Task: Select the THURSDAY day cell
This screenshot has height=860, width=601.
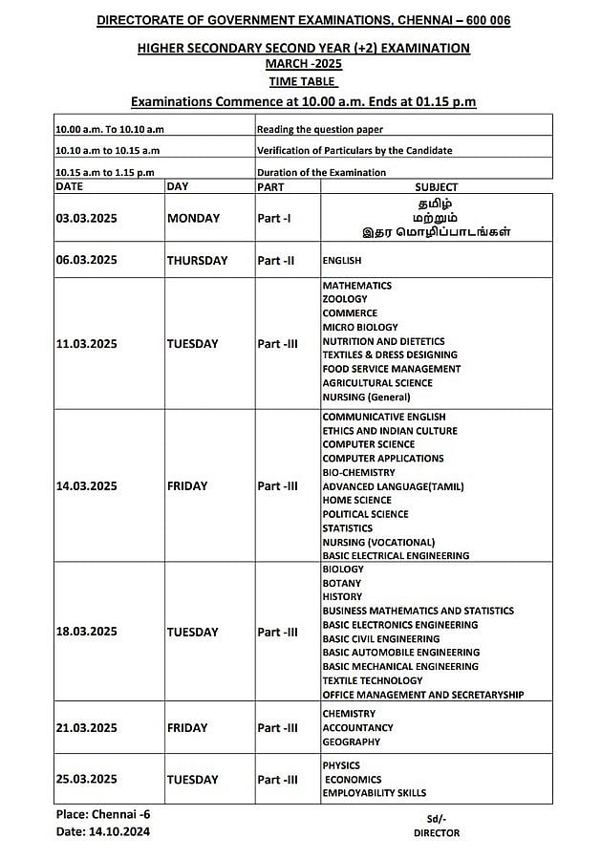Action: (x=197, y=260)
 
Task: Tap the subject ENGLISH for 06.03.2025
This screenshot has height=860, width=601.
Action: (x=342, y=260)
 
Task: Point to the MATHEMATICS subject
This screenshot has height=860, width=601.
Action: (x=356, y=286)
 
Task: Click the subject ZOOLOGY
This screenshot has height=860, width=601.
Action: (x=344, y=299)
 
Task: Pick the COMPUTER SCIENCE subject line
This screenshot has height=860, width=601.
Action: (x=368, y=444)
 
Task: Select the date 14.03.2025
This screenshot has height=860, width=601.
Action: (x=86, y=486)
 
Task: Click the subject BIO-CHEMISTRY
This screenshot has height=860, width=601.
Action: (x=358, y=472)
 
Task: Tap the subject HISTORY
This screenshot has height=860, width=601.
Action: (x=342, y=596)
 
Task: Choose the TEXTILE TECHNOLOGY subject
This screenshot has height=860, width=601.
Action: (x=372, y=680)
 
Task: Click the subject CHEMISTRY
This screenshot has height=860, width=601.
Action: (x=349, y=714)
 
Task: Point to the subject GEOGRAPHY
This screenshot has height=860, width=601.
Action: (x=352, y=742)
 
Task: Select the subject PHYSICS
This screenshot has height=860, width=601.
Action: (x=341, y=765)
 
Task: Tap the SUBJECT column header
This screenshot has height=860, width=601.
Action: (x=436, y=187)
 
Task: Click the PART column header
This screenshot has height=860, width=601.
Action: (x=270, y=187)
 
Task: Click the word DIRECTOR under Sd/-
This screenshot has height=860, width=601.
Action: (x=436, y=833)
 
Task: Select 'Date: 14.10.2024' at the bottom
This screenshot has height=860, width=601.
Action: (x=102, y=832)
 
